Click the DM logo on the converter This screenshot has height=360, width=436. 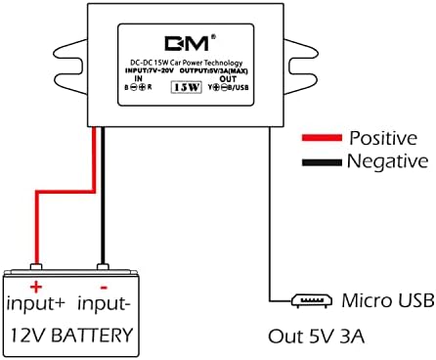185,44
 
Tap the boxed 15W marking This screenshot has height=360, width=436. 186,87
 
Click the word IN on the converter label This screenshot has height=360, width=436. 138,78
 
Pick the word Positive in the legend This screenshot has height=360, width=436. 386,138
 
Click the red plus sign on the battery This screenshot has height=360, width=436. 37,285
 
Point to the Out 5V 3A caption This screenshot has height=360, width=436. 315,337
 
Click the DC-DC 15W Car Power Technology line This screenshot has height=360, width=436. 186,61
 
